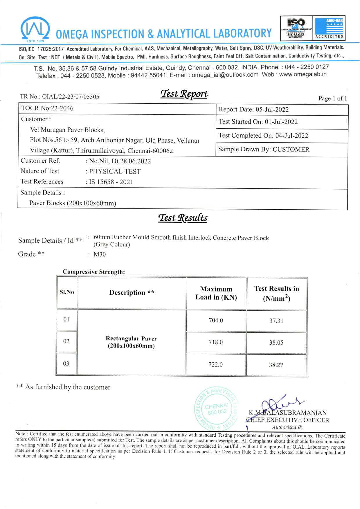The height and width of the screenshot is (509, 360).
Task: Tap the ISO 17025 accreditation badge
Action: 296,28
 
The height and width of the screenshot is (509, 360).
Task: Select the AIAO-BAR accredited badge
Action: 329,28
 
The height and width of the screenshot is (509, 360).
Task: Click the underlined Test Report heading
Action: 184,94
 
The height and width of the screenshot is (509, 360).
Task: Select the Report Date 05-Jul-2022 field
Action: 253,109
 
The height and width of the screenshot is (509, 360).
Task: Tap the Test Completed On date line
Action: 263,136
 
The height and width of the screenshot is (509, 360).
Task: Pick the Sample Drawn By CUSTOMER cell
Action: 264,149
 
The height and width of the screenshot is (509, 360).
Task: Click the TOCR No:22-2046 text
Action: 47,108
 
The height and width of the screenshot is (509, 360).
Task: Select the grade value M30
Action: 100,254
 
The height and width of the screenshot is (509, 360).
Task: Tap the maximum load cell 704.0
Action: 216,321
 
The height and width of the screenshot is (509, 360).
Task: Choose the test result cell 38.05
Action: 276,343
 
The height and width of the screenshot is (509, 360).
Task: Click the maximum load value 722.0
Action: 215,365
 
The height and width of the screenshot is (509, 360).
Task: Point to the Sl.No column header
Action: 67,292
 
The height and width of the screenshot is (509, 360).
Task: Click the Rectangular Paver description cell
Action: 131,342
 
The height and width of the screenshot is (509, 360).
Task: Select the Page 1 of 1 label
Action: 332,98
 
